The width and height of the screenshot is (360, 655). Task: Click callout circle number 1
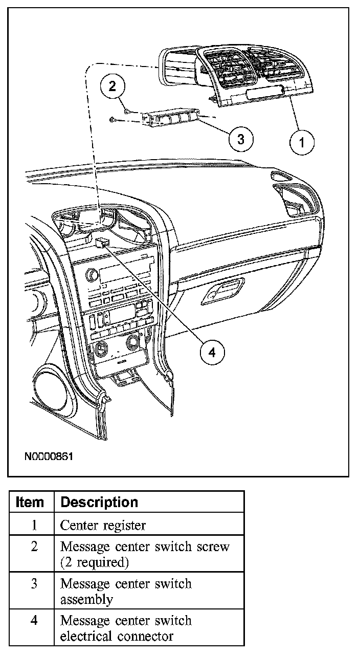point(302,143)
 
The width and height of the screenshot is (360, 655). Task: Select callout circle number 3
point(241,139)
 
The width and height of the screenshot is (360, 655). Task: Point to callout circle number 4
point(212,353)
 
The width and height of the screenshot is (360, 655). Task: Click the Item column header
point(30,502)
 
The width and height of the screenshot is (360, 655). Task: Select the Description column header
point(99,502)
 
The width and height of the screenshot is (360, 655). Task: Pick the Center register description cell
point(103,526)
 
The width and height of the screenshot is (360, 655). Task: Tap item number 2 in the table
point(34,546)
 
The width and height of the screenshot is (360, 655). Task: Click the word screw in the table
point(213,547)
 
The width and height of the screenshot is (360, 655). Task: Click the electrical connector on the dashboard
point(103,243)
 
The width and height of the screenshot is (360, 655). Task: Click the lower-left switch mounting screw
point(113,119)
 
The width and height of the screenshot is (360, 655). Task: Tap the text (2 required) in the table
point(95,562)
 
